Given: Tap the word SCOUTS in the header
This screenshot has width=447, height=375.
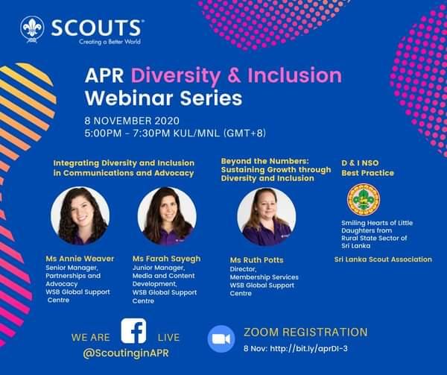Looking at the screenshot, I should click(98, 28).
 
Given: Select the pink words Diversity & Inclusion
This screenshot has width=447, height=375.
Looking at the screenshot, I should click(237, 76).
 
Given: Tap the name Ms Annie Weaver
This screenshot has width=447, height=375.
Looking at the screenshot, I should click(80, 259).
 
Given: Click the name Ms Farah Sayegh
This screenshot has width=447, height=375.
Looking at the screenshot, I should click(166, 259).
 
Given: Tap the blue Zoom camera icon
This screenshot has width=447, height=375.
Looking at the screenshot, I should click(221, 338).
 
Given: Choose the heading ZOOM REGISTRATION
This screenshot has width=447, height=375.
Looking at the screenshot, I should click(305, 332).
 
